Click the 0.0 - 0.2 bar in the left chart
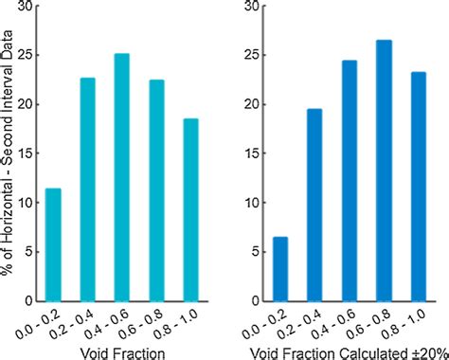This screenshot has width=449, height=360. point(53,244)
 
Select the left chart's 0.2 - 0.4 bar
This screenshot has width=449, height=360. point(87,189)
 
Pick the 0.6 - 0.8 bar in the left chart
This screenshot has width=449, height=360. point(157,190)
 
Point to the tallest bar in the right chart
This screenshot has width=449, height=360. point(384,171)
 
